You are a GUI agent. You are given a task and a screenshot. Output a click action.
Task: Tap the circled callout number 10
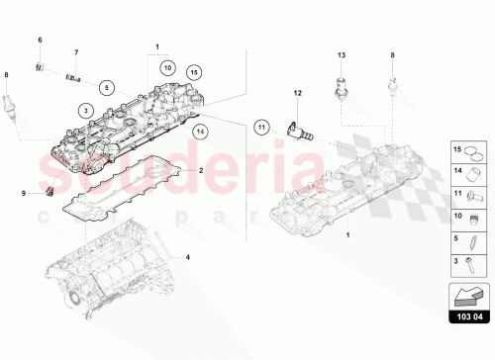coord(167,68)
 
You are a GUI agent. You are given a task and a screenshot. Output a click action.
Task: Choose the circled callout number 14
coord(201,130)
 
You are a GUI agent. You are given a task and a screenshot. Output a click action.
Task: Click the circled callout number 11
coord(261,126)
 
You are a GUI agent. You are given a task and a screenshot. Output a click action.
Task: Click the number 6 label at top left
coord(41,39)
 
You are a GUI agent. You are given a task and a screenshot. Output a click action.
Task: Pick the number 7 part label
coord(75,50)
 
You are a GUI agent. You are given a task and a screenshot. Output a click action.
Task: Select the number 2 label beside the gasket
coord(201,170)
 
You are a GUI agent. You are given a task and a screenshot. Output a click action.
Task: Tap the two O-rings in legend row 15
coord(474,151)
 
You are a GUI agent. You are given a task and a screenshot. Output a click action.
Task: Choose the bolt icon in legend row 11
coord(474,195)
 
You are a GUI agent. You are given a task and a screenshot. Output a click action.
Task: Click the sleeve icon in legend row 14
coord(474,173)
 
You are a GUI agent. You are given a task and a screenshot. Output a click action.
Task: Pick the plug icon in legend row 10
coord(474,217)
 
